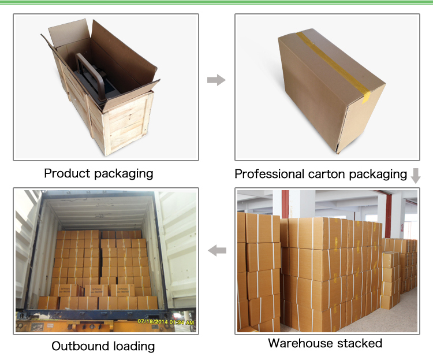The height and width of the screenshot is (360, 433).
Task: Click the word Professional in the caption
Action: [270, 174]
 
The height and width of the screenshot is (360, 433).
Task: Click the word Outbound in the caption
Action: [78, 346]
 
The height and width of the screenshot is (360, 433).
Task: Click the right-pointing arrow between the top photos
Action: [216, 80]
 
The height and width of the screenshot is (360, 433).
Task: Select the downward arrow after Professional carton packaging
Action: [416, 175]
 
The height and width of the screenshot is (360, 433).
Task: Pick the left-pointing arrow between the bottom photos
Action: [216, 250]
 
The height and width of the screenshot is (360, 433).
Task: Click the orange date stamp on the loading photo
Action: [165, 321]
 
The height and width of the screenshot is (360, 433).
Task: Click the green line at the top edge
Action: [216, 3]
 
